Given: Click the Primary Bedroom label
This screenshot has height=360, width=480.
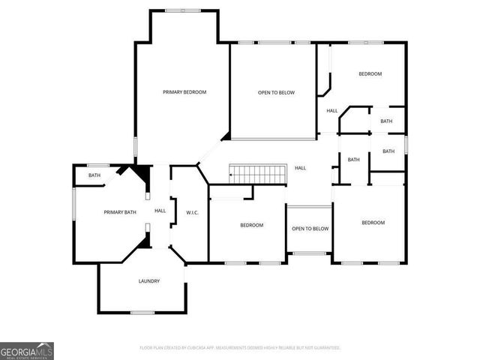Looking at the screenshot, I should [184, 92].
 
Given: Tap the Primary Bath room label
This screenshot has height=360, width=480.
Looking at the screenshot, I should [120, 212].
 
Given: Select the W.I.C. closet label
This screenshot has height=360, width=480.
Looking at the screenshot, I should [191, 213].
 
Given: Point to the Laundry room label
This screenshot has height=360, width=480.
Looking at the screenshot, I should [148, 281].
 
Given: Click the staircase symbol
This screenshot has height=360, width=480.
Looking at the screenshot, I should [258, 174].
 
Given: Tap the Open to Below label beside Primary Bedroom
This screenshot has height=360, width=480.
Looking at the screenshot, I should [276, 93].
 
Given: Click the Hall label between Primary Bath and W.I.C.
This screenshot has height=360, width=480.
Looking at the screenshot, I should [160, 211].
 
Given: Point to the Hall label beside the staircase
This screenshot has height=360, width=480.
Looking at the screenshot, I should [300, 168].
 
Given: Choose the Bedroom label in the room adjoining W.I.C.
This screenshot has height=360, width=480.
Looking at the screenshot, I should [251, 226].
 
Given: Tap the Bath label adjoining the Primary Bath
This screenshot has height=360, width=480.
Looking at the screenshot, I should [94, 175].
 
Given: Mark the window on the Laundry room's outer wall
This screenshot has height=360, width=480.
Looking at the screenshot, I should [142, 312].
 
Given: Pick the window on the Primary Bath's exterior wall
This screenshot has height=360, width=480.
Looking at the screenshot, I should [73, 205].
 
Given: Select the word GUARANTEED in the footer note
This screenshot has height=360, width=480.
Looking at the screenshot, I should [324, 348].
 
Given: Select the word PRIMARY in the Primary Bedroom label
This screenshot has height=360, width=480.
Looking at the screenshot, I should [173, 92].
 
